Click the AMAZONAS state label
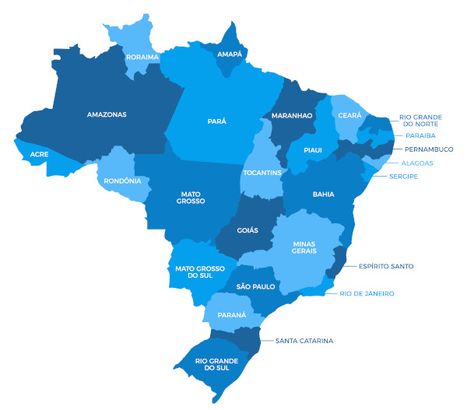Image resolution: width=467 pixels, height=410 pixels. click(107, 114)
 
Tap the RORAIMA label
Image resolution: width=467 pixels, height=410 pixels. click(142, 57)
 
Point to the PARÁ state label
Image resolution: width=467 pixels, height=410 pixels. click(217, 121)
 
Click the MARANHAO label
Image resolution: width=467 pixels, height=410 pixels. click(291, 116)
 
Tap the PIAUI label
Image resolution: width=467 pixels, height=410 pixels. click(312, 149)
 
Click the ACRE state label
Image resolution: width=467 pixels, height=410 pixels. click(40, 155)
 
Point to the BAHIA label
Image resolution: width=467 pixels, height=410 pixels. click(324, 194)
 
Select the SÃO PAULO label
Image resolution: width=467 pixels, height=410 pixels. click(256, 287)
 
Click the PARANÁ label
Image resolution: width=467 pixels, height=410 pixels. click(231, 315)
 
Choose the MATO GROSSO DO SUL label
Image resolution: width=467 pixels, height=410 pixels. click(195, 273)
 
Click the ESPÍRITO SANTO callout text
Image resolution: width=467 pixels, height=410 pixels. click(386, 266)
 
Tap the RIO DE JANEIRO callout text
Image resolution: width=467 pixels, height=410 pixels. click(367, 293)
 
